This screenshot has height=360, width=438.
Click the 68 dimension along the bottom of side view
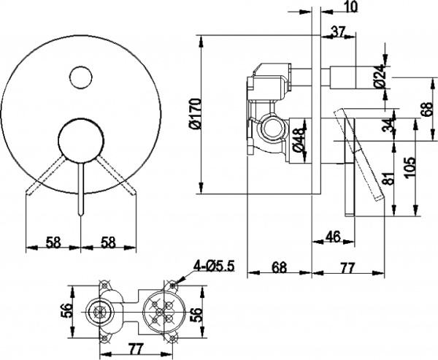click(x=280, y=267)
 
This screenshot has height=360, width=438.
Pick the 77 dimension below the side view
click(x=348, y=267)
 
